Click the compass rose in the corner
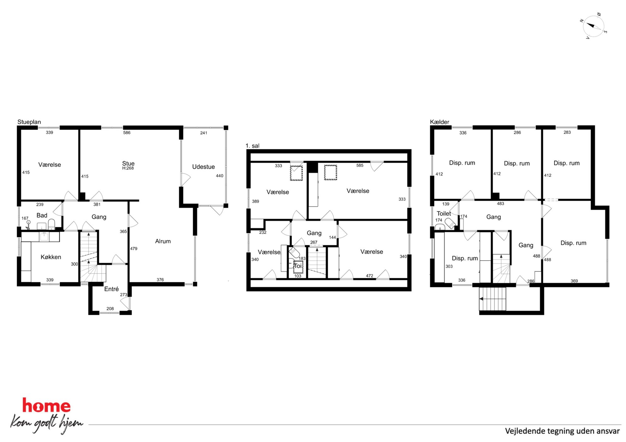(594, 26)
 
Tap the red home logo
(46, 405)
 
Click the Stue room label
(128, 163)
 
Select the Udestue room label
(204, 167)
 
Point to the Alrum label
(163, 241)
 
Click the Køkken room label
(51, 257)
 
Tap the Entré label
(111, 289)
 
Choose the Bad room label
(42, 215)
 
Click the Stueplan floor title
(29, 122)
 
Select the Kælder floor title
(440, 122)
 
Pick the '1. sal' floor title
(252, 146)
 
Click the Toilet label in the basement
(444, 213)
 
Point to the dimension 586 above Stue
(127, 133)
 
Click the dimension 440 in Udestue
(220, 176)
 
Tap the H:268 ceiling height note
(128, 168)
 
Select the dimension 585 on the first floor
(360, 165)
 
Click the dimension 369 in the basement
(574, 281)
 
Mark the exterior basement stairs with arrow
(493, 299)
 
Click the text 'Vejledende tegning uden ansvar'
(562, 431)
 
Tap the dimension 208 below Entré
(110, 308)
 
